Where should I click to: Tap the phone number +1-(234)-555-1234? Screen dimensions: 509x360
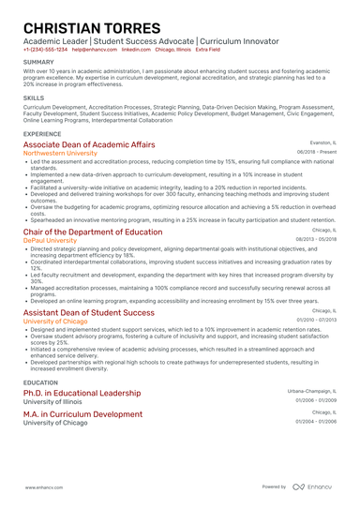(x=45, y=49)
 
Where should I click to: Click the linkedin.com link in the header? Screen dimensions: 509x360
(x=136, y=49)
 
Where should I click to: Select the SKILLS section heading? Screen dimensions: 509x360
(x=34, y=97)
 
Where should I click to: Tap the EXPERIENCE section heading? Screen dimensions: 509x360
(x=43, y=134)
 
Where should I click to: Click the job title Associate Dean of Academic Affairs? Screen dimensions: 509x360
(x=89, y=145)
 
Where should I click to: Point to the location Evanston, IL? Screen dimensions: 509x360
(x=322, y=143)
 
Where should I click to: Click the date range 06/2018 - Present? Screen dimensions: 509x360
(x=317, y=152)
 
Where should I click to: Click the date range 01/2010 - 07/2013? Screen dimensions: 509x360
(x=316, y=320)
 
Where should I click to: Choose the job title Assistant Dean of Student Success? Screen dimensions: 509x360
(x=88, y=311)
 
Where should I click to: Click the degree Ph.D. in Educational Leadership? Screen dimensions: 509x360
(x=82, y=393)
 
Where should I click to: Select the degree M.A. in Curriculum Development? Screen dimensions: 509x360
(x=82, y=413)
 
